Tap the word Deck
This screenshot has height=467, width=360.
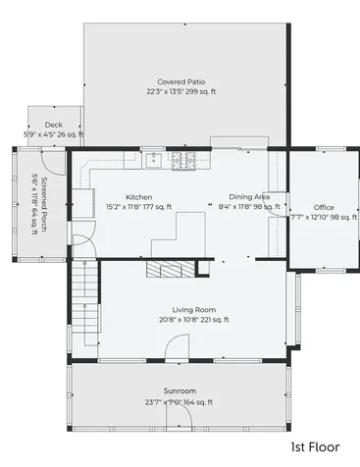pos(54,125)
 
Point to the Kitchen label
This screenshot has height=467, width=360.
pos(138,197)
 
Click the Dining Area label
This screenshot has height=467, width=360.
pos(249,197)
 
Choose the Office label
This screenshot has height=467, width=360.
pos(324,207)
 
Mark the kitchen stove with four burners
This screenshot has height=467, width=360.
pos(183,161)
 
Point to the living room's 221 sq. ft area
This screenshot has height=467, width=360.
pos(215,319)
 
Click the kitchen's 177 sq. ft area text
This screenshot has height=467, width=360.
pos(156,207)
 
